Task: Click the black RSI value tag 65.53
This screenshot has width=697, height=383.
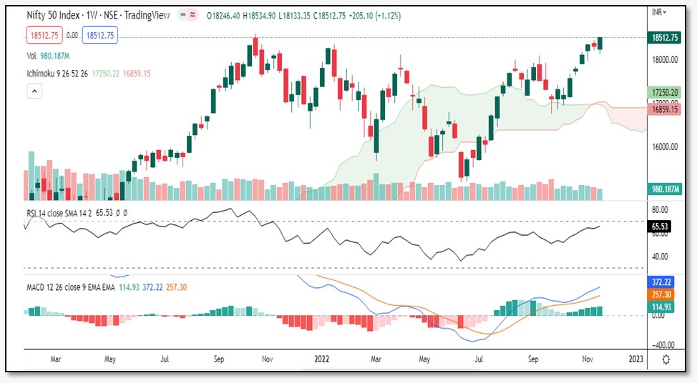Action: click(x=659, y=226)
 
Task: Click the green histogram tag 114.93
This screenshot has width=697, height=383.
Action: click(x=660, y=307)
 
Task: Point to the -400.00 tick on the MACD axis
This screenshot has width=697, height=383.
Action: click(x=661, y=344)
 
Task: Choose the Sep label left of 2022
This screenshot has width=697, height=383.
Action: click(x=219, y=360)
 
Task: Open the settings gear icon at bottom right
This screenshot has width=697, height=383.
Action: click(x=667, y=359)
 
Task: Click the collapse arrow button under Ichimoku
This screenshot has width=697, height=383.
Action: click(x=35, y=91)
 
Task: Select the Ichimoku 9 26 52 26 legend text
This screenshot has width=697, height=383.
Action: click(x=61, y=74)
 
